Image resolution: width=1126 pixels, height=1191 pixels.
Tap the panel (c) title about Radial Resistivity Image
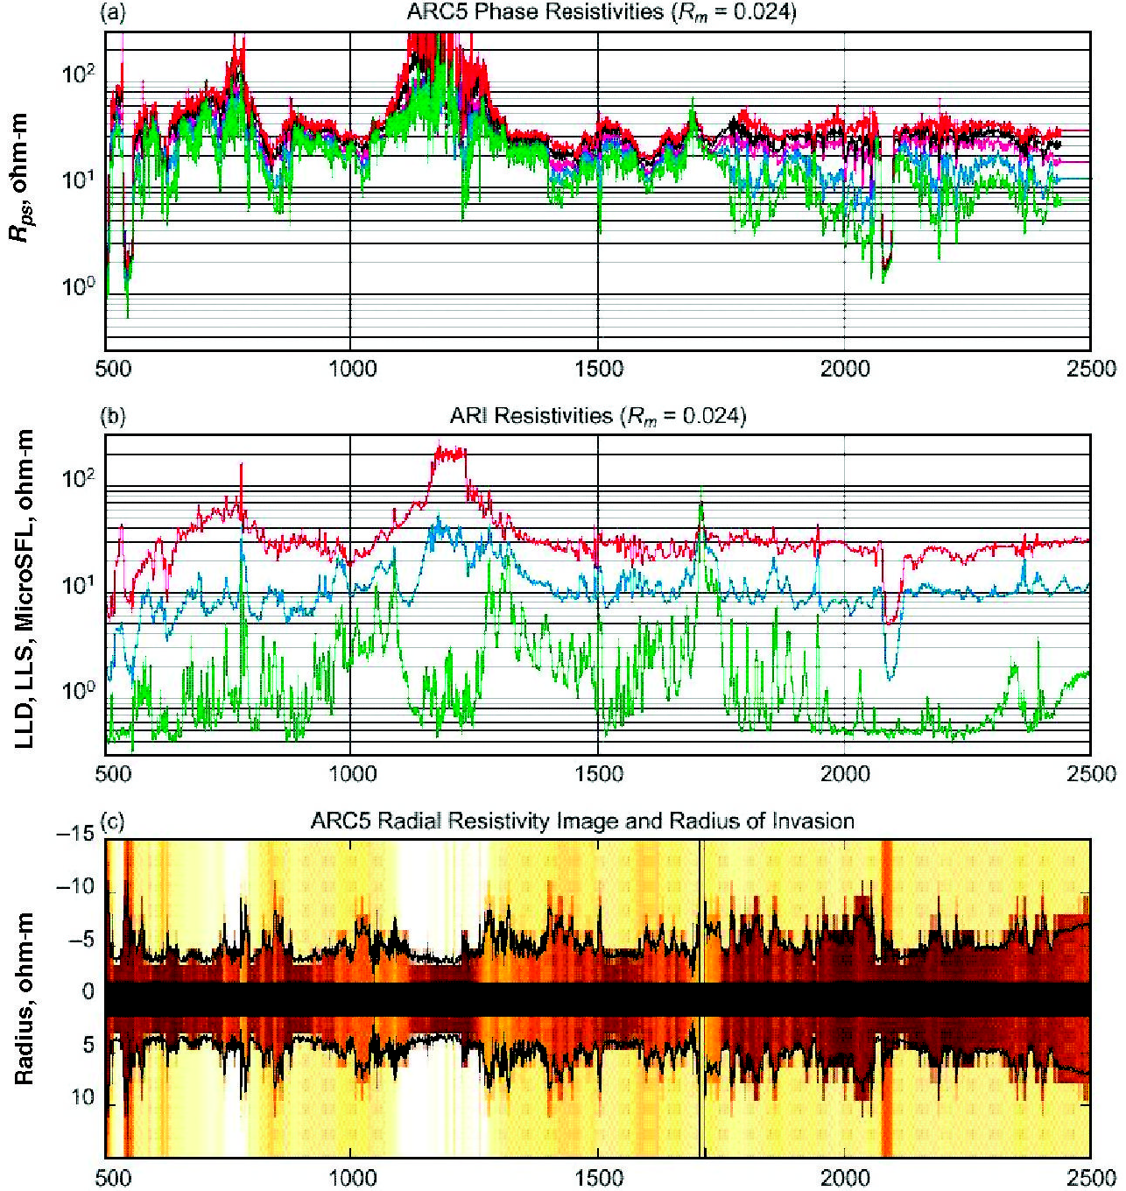(582, 821)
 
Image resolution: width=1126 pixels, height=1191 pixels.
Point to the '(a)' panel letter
(113, 12)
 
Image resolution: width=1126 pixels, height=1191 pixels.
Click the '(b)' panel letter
(113, 416)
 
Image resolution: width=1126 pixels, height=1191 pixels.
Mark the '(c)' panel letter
(113, 821)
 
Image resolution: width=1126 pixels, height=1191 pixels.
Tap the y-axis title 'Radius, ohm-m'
(25, 997)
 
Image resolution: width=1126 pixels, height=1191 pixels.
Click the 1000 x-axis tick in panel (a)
(352, 368)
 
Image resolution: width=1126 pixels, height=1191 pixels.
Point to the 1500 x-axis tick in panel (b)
(599, 773)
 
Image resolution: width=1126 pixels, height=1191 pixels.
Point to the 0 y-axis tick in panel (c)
(88, 992)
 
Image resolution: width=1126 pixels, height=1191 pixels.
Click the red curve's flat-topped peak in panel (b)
(450, 452)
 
